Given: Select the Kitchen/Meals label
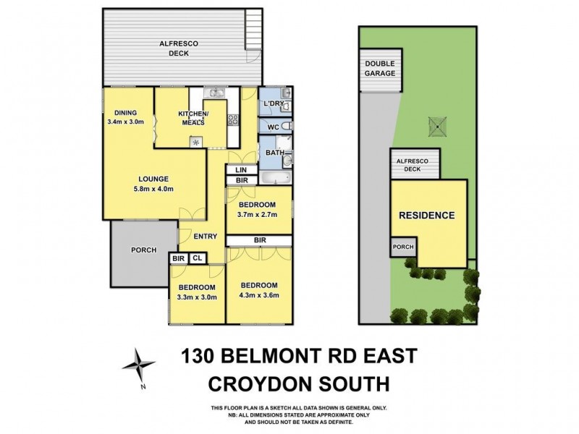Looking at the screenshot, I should click(193, 118).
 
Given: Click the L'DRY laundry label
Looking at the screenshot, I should click(273, 105).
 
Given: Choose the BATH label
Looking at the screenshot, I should click(274, 153).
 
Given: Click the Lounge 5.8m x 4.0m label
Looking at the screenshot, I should click(154, 184).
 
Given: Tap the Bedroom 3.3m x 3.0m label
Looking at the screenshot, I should click(198, 292).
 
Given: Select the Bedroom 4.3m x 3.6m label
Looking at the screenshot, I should click(260, 289).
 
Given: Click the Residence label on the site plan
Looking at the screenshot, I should click(426, 215).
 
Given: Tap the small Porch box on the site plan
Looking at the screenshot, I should click(403, 246).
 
